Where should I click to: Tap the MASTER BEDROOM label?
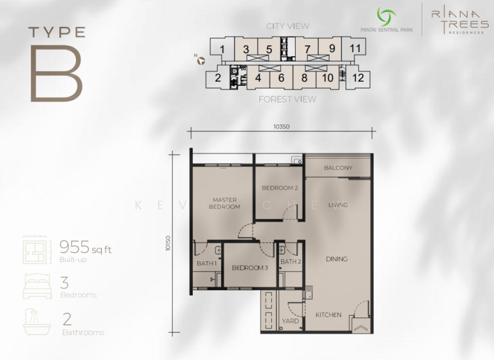pos(225,203)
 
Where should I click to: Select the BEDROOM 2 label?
pos(280,188)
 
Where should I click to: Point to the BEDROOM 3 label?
pos(250,268)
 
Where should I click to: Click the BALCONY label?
pos(338,167)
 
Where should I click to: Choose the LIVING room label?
pos(338,205)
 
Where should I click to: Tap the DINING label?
pos(337,259)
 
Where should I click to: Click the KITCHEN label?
pos(329,315)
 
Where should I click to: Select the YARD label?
pos(290,321)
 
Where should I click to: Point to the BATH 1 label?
pos(206,264)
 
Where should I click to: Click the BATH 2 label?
pos(290,262)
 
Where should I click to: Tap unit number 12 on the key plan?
pos(358,78)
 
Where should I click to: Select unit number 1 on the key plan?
pos(222,49)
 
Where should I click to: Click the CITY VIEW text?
pos(288,26)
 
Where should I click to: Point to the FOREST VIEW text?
pos(287,99)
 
